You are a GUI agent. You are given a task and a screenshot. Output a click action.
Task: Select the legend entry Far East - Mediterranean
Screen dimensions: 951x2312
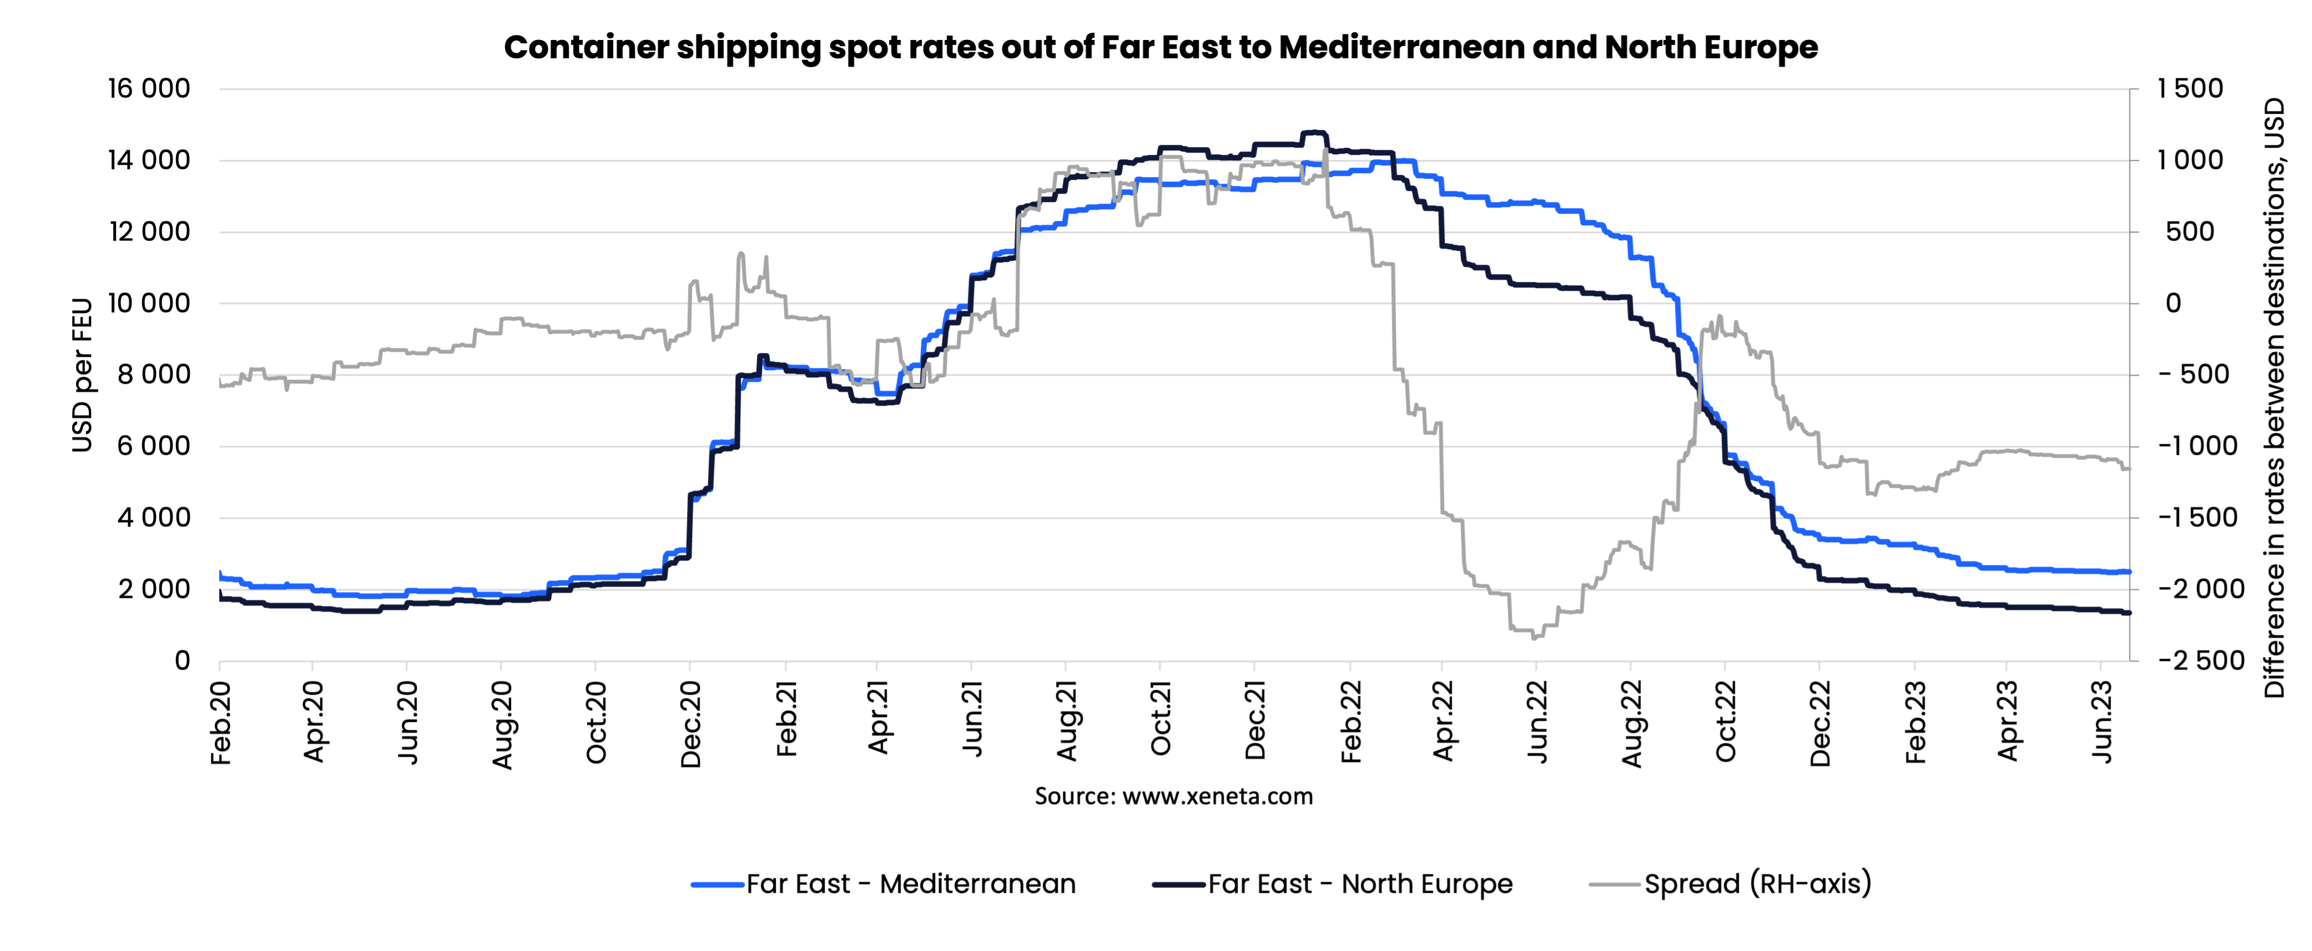[x=910, y=884]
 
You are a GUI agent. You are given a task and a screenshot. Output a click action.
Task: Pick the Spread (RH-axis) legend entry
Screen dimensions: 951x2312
[x=1758, y=884]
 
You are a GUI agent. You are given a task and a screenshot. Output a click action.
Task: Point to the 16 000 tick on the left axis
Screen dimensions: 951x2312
[x=149, y=89]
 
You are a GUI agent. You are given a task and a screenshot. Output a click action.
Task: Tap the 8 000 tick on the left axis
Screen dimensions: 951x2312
[x=154, y=375]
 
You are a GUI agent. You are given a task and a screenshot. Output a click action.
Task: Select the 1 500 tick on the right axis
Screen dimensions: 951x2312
[x=2190, y=89]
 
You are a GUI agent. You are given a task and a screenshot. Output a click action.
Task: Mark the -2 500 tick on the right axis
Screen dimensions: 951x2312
[x=2200, y=661]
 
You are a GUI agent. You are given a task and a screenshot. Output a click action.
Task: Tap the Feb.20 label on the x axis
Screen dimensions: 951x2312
[x=221, y=723]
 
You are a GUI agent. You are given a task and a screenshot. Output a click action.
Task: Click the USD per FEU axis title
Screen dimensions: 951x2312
[x=82, y=375]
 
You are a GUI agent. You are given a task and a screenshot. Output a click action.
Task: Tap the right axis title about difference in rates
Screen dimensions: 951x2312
[x=2273, y=397]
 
